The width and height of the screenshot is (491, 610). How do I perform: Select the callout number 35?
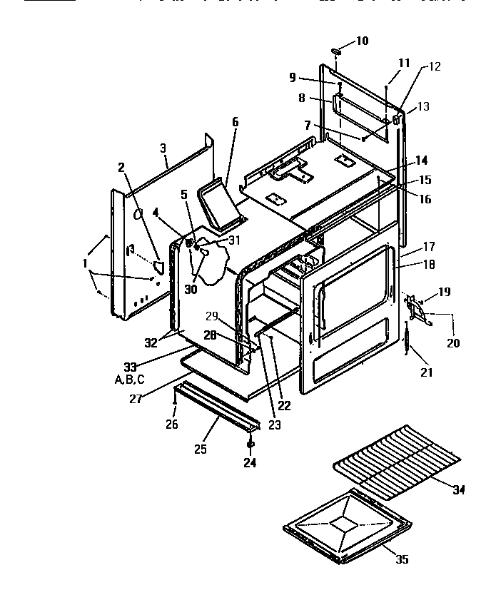tap(402, 559)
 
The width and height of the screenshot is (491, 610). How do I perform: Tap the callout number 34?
tap(459, 489)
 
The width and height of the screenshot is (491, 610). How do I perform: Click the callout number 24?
tap(250, 462)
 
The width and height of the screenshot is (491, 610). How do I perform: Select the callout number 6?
tap(235, 122)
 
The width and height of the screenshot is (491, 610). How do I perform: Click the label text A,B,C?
tap(129, 380)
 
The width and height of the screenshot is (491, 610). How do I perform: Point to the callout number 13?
tap(423, 107)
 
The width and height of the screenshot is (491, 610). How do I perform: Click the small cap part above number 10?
tap(338, 52)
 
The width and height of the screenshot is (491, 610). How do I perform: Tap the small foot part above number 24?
tap(250, 444)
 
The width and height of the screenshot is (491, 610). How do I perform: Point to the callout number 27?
tap(136, 400)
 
